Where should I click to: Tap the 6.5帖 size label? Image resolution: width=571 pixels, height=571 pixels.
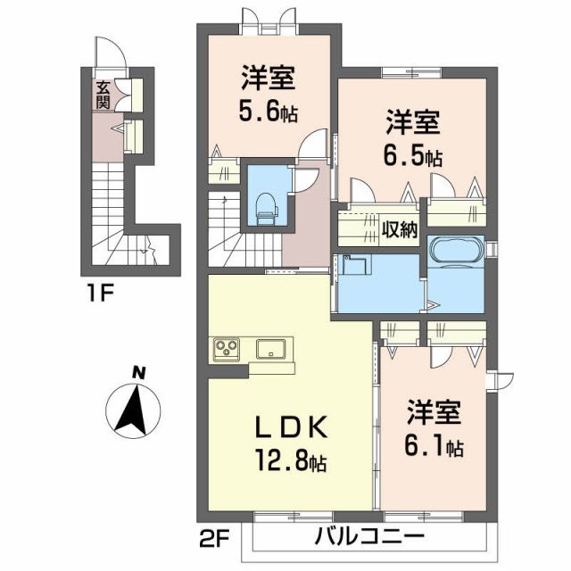(x=413, y=156)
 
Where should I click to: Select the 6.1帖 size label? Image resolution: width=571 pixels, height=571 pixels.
(x=434, y=446)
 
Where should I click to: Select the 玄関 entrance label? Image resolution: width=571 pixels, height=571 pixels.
(x=103, y=94)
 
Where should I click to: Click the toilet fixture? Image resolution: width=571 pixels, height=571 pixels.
(x=266, y=207)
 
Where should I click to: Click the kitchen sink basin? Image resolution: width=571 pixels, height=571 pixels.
(x=269, y=349)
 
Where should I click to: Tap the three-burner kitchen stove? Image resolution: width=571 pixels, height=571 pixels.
(x=227, y=349)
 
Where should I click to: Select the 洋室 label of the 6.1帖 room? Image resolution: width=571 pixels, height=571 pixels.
(x=434, y=413)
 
